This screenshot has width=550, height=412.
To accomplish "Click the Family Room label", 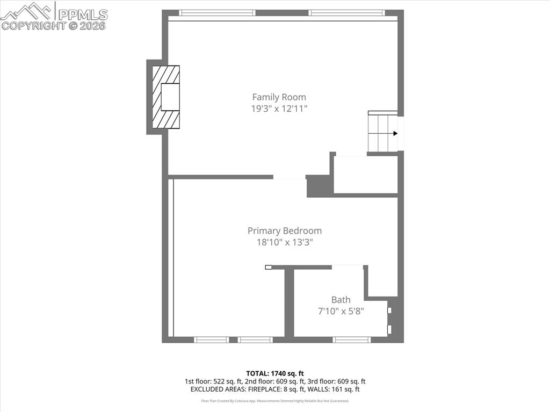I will (x=279, y=97).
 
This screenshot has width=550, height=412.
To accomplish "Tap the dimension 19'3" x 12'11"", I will (x=279, y=109).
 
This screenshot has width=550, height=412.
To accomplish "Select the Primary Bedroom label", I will (x=284, y=231).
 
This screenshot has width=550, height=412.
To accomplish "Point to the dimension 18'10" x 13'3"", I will (x=284, y=242).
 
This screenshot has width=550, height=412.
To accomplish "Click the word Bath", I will (x=341, y=300).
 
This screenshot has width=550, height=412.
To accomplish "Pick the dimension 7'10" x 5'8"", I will (x=341, y=311).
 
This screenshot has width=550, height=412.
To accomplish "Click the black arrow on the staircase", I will (x=395, y=133).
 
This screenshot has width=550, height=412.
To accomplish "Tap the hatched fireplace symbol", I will (x=165, y=97).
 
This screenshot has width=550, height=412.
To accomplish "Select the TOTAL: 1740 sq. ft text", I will (x=275, y=373).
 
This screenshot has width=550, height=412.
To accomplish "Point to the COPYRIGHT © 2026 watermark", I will (x=54, y=25).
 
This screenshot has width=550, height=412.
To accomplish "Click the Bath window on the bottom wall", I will (x=352, y=339).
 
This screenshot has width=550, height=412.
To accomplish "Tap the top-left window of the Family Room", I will (x=216, y=12).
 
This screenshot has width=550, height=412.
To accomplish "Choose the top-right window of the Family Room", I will (x=346, y=12).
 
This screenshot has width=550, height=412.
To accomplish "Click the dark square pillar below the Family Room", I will (x=317, y=186).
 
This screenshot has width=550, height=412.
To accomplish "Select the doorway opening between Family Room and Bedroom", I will (x=289, y=177).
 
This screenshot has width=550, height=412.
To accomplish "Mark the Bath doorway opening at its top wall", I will (x=348, y=266).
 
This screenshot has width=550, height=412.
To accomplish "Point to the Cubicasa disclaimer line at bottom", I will (x=275, y=401).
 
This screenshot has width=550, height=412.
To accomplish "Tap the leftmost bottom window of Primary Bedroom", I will (x=211, y=339).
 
